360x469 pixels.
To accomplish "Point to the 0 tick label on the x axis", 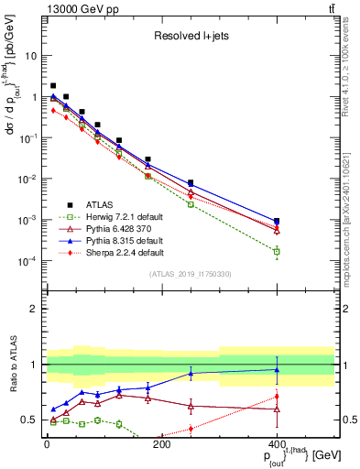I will (47, 444).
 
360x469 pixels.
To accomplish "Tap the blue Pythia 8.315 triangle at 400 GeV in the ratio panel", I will (277, 370).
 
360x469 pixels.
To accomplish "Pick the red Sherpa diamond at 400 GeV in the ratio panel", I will (277, 397).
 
